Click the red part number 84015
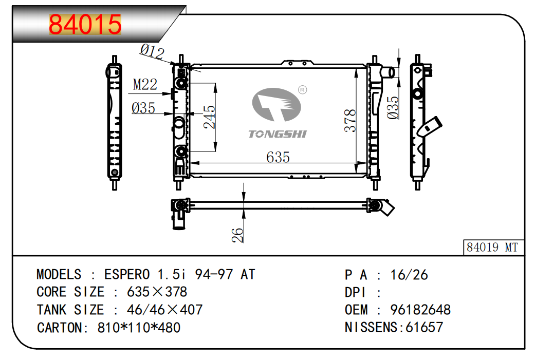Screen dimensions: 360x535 pyautogui.click(x=85, y=25)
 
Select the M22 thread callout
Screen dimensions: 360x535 pyautogui.click(x=145, y=85)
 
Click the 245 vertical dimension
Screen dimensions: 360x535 pyautogui.click(x=209, y=118)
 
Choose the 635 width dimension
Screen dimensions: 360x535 pyautogui.click(x=278, y=157)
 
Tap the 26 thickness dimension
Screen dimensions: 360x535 pyautogui.click(x=237, y=235)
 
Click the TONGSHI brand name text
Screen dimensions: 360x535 pyautogui.click(x=278, y=134)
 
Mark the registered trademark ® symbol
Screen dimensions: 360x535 pyautogui.click(x=302, y=90)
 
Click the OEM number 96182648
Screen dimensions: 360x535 pyautogui.click(x=420, y=310)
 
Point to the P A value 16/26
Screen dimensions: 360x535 pyautogui.click(x=409, y=275)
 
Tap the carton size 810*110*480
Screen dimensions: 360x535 pyautogui.click(x=139, y=328)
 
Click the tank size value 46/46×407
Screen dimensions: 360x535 pyautogui.click(x=157, y=310)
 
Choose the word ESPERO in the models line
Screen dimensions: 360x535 pyautogui.click(x=127, y=274)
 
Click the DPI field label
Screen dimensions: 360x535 pyautogui.click(x=355, y=292)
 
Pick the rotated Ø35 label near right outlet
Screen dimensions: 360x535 pyautogui.click(x=393, y=108)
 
